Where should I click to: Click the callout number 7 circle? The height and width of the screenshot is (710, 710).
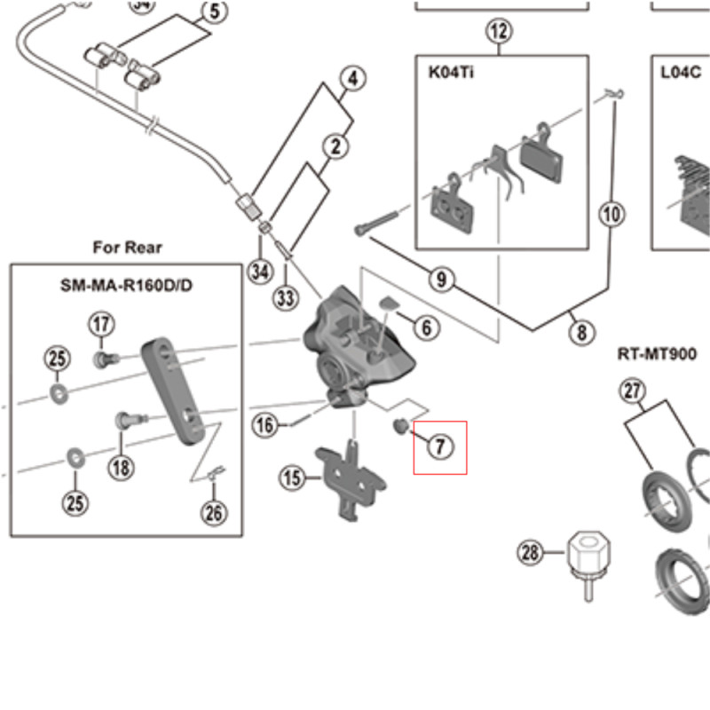(440, 446)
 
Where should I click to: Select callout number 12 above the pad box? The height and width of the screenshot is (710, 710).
(499, 33)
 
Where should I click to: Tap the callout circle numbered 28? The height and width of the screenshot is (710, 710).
(531, 554)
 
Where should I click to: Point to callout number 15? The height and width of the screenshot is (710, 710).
(292, 479)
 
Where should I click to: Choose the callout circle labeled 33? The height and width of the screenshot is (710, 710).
(285, 298)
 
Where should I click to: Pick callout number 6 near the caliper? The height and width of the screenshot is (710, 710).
(426, 327)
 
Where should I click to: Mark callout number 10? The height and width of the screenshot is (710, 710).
(612, 214)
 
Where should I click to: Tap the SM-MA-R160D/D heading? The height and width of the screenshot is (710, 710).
(127, 287)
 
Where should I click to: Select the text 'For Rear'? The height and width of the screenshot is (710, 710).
(127, 247)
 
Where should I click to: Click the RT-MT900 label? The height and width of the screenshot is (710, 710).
(657, 354)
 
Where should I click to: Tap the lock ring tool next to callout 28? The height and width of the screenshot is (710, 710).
(583, 555)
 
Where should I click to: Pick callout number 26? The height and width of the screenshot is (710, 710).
(215, 511)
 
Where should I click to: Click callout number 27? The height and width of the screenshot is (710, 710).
(632, 390)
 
